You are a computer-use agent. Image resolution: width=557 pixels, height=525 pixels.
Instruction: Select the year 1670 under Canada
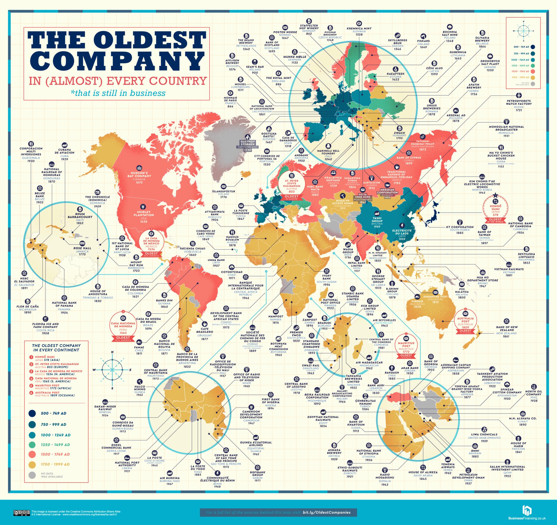139,182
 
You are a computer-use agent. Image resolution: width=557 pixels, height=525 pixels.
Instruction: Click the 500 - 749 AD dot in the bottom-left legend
32,413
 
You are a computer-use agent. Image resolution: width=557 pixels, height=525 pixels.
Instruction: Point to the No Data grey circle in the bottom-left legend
32,475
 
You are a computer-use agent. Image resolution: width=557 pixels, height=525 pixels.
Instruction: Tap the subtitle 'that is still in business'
118,93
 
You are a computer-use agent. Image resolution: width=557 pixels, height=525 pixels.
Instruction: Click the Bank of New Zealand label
506,328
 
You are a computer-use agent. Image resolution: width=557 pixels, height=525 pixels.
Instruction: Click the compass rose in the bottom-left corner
112,370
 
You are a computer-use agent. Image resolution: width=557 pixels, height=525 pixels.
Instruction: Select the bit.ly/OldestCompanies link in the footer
327,512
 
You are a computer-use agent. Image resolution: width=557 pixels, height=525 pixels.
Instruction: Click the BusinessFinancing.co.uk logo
527,513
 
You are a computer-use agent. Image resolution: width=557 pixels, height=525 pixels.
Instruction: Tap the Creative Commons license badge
22,513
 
